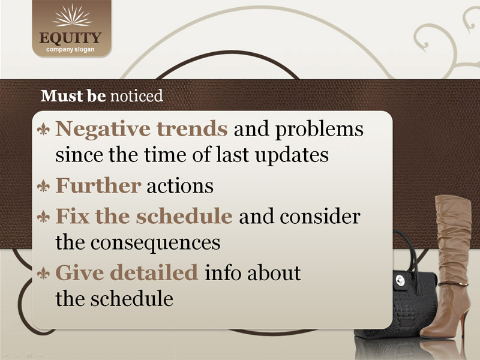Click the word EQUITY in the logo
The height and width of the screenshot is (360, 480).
click(70, 38)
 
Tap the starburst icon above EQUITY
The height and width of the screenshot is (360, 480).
click(72, 16)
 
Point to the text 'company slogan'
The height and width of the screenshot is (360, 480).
click(70, 50)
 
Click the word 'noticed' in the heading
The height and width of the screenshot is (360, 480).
click(137, 96)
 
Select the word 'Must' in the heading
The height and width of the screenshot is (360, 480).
click(62, 96)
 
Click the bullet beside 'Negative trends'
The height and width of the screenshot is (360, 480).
click(43, 130)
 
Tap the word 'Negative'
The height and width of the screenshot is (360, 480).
click(103, 130)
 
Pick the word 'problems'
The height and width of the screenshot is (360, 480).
click(319, 130)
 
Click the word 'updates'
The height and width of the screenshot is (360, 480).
click(292, 155)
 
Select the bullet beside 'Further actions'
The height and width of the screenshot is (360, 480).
click(43, 186)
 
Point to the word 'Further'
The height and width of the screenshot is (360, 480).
click(98, 185)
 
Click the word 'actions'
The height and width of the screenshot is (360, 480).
click(180, 186)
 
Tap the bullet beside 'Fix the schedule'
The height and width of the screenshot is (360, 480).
click(43, 217)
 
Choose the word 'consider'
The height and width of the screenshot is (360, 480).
click(320, 217)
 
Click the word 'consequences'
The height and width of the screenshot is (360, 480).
click(155, 244)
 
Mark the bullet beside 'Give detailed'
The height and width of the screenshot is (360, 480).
click(43, 274)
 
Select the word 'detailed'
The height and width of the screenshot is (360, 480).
click(154, 272)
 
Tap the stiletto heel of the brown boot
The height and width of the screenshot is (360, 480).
click(463, 322)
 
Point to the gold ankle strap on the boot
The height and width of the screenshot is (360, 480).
click(453, 284)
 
